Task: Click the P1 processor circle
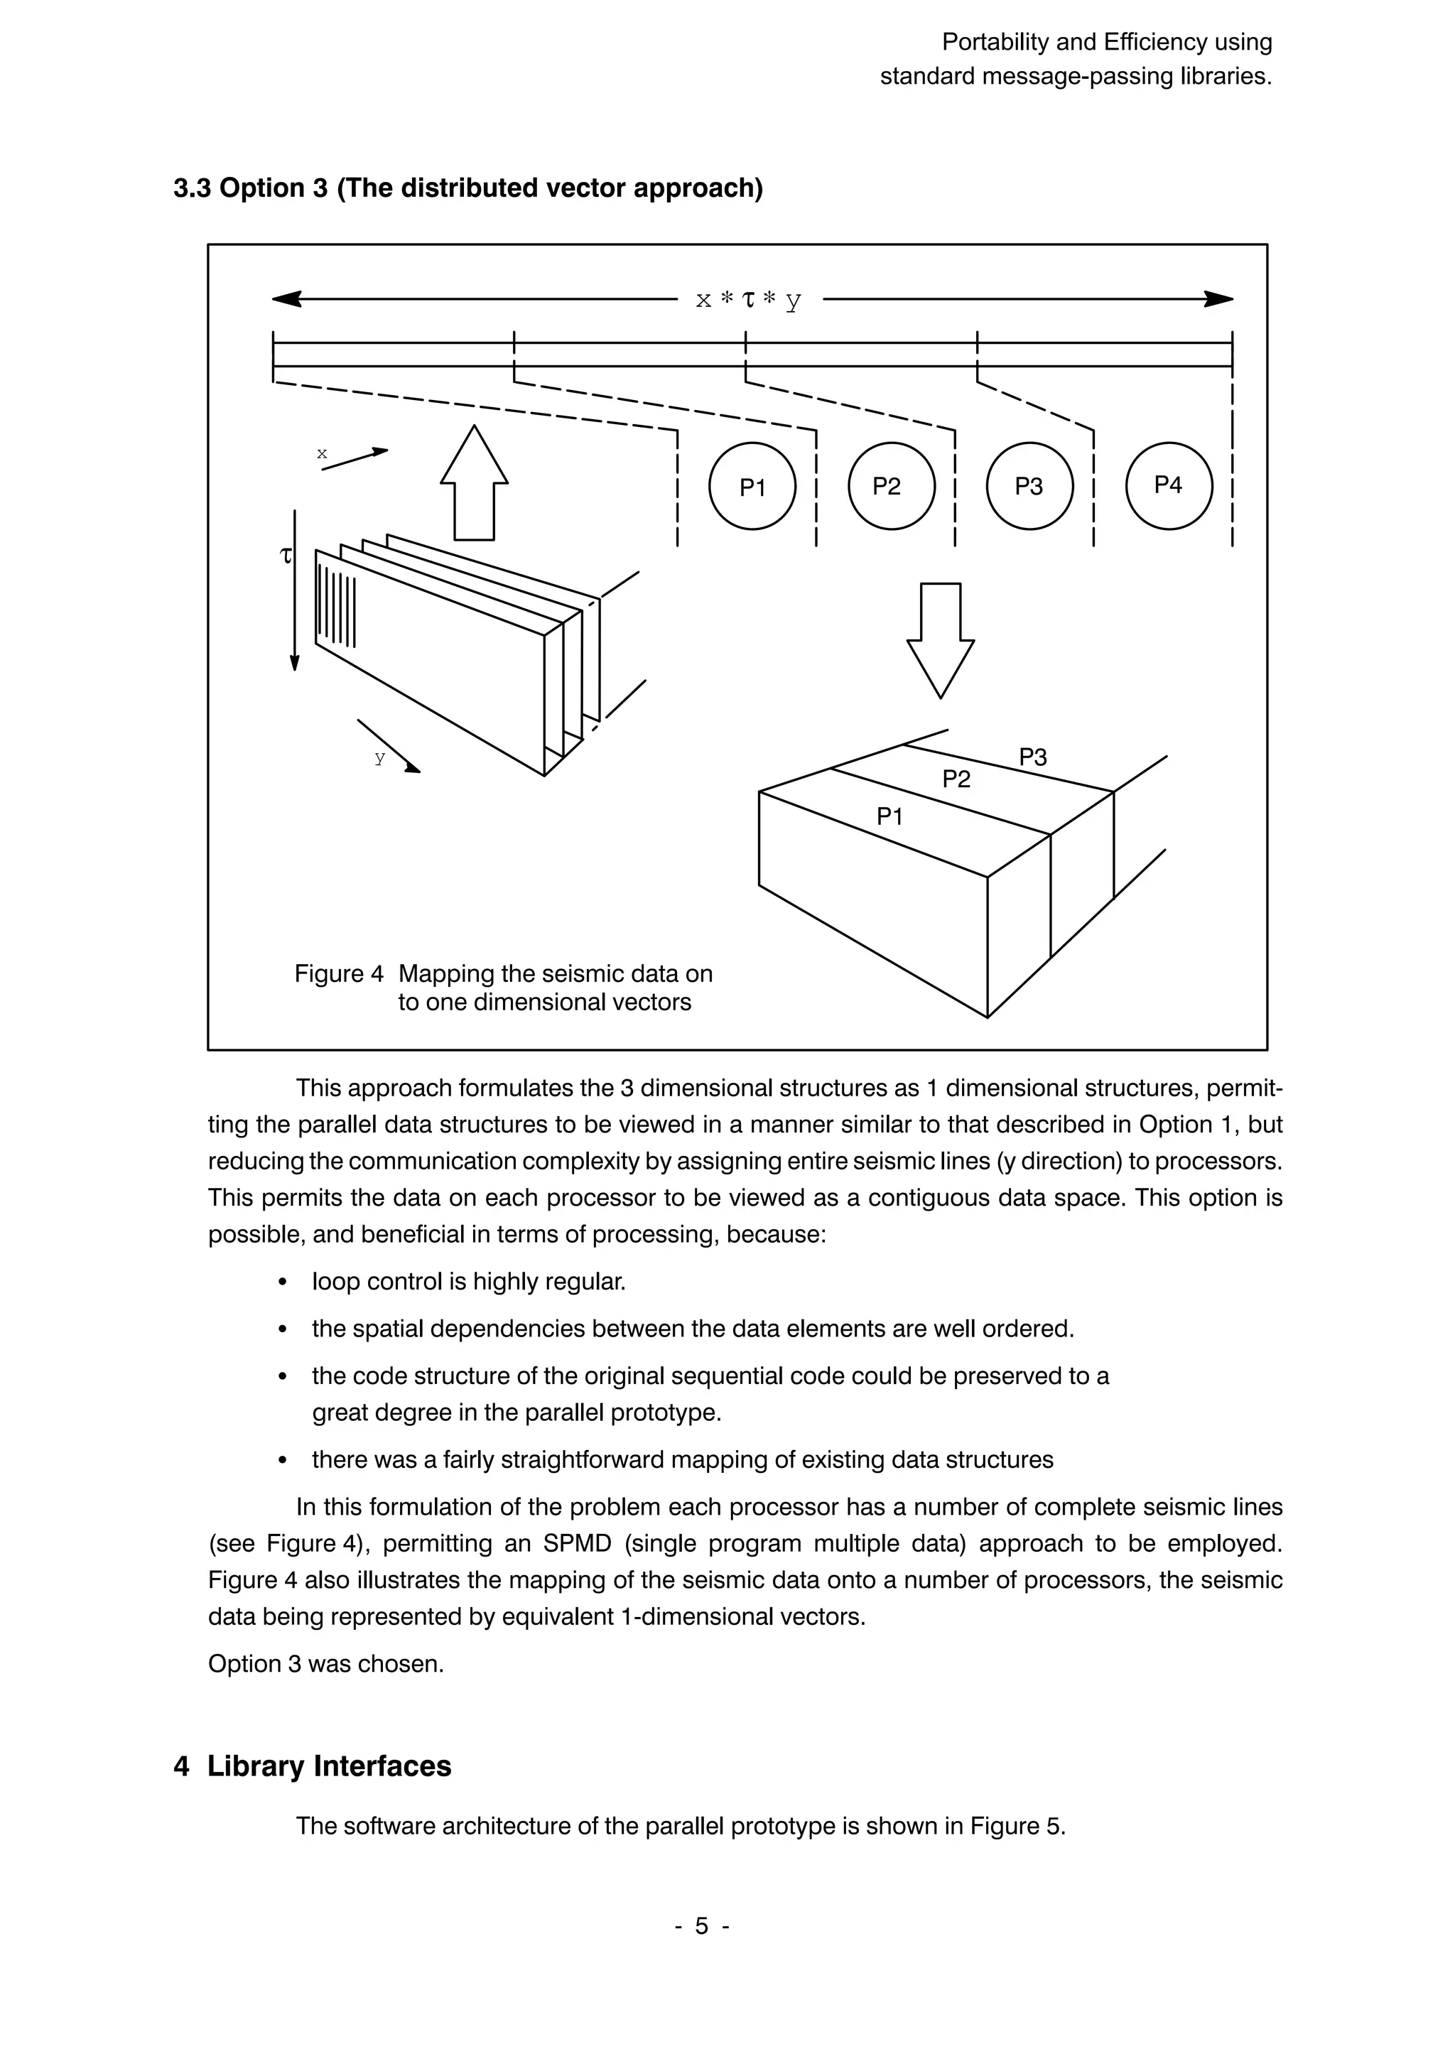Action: click(x=752, y=486)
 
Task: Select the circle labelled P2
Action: click(x=890, y=485)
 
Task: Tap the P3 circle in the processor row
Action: click(x=1029, y=485)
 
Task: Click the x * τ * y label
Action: click(x=749, y=300)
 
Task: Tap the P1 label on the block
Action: click(x=889, y=816)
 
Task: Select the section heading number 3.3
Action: click(x=192, y=188)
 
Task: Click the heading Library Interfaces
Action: click(x=329, y=1766)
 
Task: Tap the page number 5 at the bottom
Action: click(x=702, y=1925)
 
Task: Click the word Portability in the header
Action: click(x=996, y=42)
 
